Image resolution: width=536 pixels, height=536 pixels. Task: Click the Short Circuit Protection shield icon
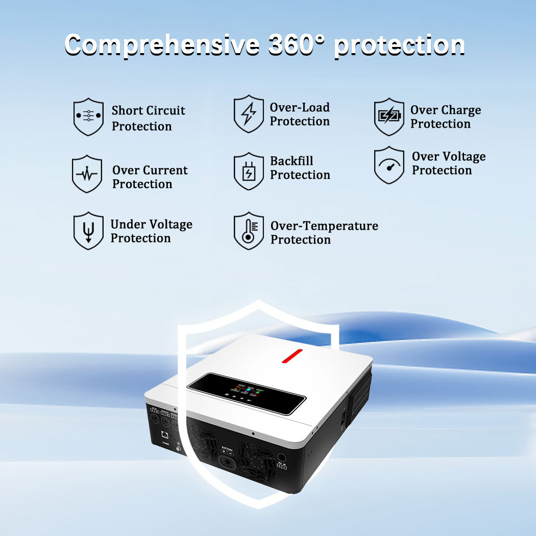click(88, 117)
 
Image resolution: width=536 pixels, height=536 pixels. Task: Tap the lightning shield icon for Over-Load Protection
click(249, 114)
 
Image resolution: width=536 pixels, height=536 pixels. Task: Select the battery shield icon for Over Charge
click(389, 117)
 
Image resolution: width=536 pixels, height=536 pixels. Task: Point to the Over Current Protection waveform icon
click(87, 174)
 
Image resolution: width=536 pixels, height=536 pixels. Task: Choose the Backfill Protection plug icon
click(249, 171)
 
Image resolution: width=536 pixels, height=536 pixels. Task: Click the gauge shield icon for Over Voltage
click(389, 165)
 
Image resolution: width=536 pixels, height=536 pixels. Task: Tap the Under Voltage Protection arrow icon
click(88, 231)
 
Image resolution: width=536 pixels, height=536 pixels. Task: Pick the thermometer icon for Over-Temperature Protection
click(249, 231)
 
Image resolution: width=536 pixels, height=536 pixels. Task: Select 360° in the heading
click(298, 45)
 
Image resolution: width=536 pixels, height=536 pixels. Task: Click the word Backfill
click(291, 161)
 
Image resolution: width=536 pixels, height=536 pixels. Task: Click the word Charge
click(461, 110)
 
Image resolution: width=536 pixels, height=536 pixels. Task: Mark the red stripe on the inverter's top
click(292, 355)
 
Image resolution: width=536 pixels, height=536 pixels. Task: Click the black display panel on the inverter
click(242, 394)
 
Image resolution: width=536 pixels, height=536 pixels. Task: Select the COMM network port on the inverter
click(165, 435)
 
